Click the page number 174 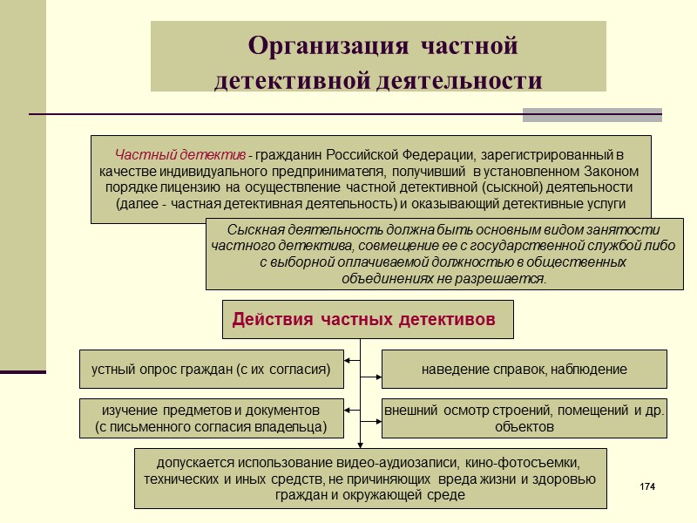coord(646,485)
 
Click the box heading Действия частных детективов coord(363,320)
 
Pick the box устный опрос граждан coord(211,369)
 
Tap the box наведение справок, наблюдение coord(524,369)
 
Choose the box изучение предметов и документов coord(211,418)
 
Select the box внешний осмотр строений coord(524,418)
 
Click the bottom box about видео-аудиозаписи coord(370,478)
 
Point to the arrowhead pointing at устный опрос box coord(347,359)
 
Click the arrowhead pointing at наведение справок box coord(378,378)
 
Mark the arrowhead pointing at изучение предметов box coord(347,408)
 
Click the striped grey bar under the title coord(592,114)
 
